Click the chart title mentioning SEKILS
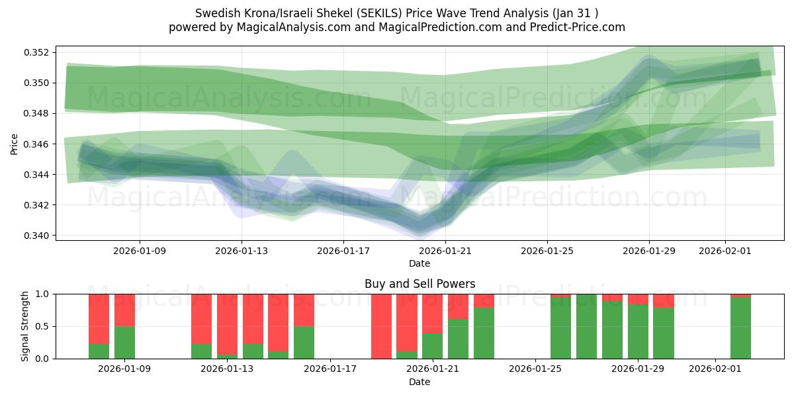point(397,13)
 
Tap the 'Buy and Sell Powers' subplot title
point(419,284)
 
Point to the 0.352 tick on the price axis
point(38,52)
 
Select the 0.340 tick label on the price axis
point(38,236)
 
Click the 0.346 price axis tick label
point(38,144)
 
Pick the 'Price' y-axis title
point(15,144)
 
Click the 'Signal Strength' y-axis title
point(25,326)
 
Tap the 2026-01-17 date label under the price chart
point(343,251)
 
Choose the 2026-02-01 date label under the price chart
point(725,251)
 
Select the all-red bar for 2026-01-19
point(381,326)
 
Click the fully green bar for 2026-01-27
point(586,326)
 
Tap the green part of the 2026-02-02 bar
point(740,328)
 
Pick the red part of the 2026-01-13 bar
point(227,323)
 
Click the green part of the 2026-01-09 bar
point(124,343)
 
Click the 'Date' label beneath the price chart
point(419,263)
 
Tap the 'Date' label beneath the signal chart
point(419,382)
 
